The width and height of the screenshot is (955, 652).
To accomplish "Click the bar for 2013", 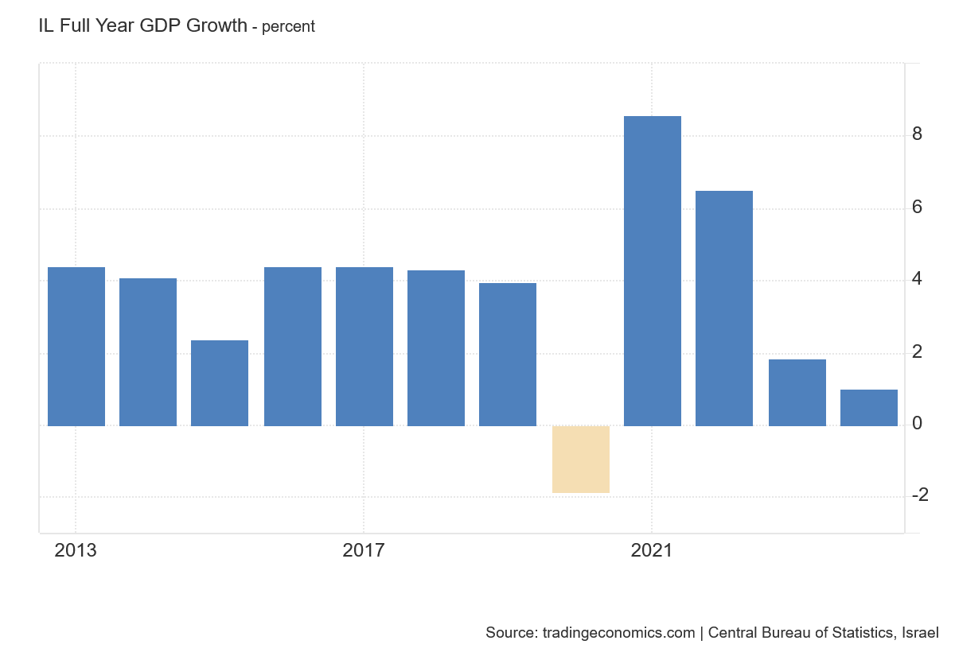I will coord(76,347).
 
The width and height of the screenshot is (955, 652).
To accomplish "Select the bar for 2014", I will coord(148,352).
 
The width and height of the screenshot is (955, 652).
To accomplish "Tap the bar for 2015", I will coord(220,383).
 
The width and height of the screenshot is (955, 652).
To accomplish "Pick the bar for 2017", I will coord(364,347).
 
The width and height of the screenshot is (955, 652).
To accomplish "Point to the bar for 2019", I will coord(508,355).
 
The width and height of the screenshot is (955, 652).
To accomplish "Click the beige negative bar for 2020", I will coord(581,460).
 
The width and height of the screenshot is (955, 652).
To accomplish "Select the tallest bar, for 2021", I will coord(653,271).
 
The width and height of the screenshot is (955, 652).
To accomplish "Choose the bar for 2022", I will coord(724,309).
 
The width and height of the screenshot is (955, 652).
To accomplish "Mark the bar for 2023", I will coord(797,393).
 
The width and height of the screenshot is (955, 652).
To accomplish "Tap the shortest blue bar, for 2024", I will coord(869,408).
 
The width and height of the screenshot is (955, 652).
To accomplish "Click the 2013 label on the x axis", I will coord(76,550).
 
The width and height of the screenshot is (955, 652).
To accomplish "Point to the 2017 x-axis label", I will coord(364,550).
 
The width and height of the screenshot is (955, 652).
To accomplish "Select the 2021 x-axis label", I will coord(652,550).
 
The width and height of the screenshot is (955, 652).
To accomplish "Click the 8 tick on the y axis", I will coord(918,134).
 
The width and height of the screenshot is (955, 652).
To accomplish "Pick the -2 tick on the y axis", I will coord(920,495).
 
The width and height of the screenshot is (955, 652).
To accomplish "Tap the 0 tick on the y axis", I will coord(918,423).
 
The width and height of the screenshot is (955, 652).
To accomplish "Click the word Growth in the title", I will coord(217,25).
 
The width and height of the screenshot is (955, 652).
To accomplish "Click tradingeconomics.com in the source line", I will coord(618,633).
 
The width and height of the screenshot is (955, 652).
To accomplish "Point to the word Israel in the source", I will coord(920,633).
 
